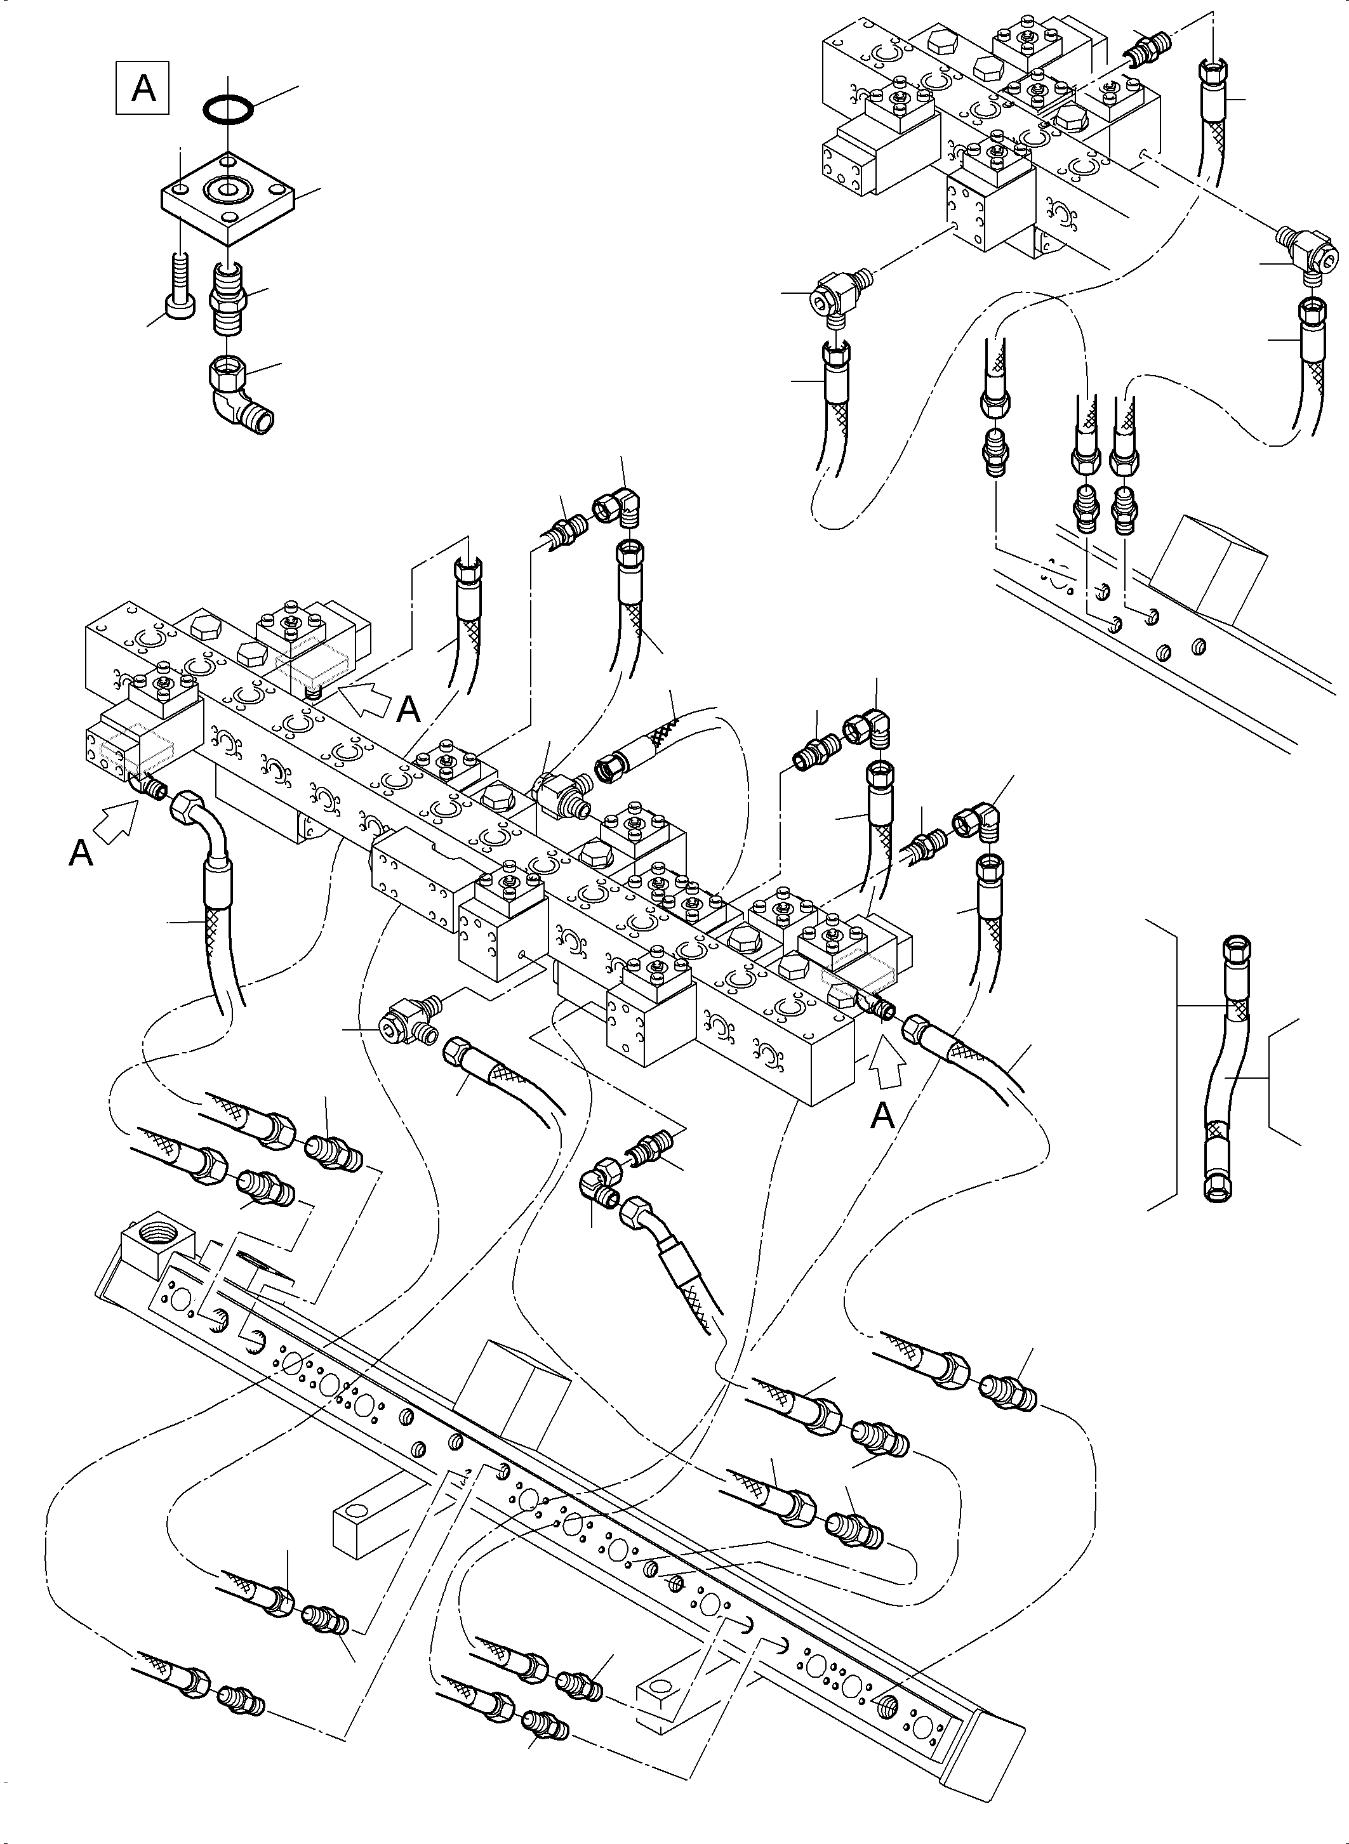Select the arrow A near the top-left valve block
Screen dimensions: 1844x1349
pyautogui.click(x=364, y=695)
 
